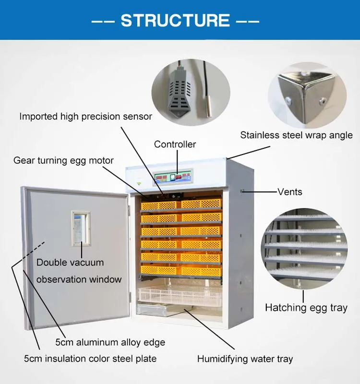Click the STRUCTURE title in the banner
click(176, 20)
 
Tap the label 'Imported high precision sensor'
click(85, 116)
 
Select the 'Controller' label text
click(175, 144)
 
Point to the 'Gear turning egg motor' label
click(63, 160)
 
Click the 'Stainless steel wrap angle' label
click(296, 135)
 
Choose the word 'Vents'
click(290, 192)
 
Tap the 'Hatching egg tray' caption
click(306, 308)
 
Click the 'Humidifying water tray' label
click(245, 359)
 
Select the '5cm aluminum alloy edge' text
click(110, 342)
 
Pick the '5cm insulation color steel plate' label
click(90, 359)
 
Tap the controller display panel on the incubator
click(173, 177)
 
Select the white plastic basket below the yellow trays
click(180, 296)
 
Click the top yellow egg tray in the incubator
click(181, 205)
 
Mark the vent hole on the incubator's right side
click(243, 192)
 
